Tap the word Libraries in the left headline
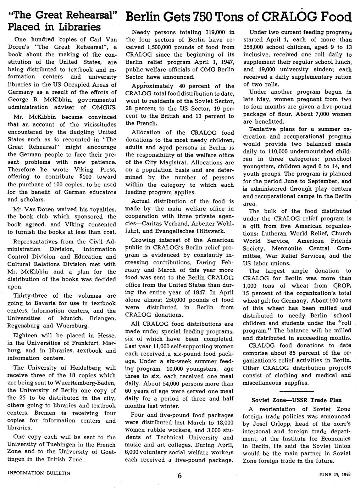(x=79, y=27)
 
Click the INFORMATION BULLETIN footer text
(x=39, y=473)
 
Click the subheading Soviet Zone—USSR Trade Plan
(x=297, y=400)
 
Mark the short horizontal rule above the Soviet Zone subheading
(x=297, y=391)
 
